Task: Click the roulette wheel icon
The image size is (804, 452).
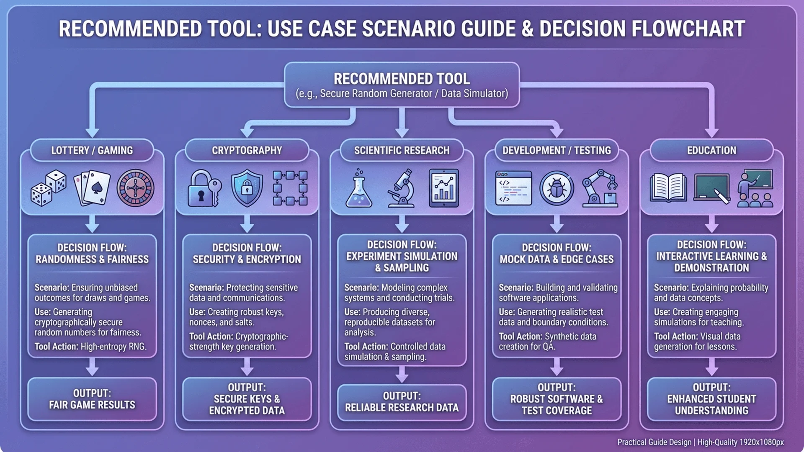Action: (135, 188)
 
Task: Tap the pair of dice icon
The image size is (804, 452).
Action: (49, 188)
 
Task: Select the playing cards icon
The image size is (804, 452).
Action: (92, 188)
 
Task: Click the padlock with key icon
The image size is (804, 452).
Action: (204, 188)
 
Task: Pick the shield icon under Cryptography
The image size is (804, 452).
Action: (247, 188)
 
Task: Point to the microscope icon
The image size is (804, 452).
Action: (402, 188)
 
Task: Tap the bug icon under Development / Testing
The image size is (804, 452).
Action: (557, 188)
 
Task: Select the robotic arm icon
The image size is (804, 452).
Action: (600, 188)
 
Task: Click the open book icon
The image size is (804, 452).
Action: (668, 188)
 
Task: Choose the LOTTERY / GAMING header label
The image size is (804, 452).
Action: (92, 150)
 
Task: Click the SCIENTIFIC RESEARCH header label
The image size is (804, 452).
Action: (402, 150)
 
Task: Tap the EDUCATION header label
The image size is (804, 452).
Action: (711, 150)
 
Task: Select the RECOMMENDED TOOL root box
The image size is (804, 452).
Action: (402, 85)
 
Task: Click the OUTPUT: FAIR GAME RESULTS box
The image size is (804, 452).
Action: (92, 399)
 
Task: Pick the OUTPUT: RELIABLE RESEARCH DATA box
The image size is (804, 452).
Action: (402, 402)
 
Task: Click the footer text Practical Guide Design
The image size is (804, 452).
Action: (654, 442)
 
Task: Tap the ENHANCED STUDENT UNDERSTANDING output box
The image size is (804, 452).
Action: (711, 399)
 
